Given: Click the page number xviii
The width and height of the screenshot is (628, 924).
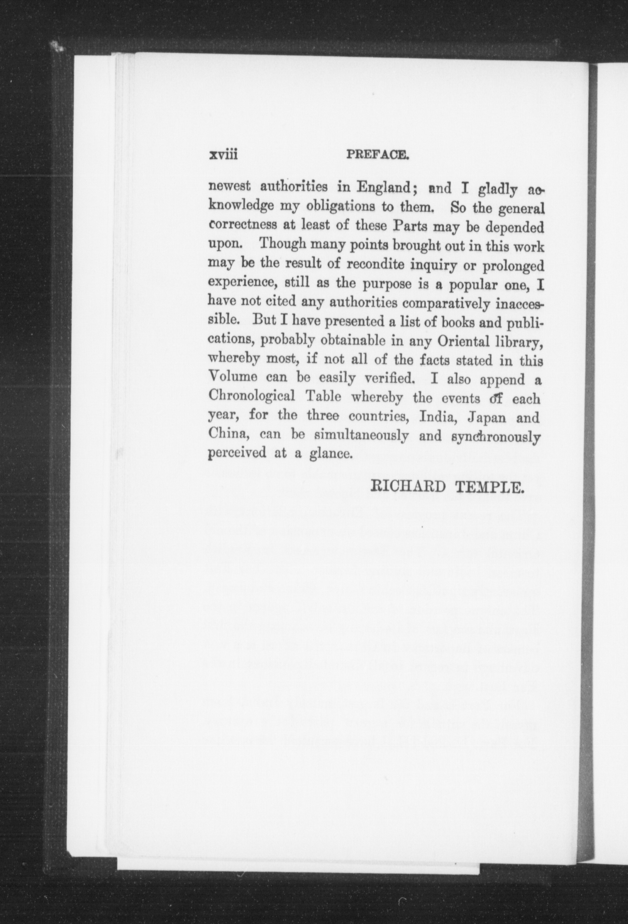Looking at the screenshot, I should [x=223, y=155].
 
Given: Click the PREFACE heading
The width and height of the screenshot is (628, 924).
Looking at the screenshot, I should [x=377, y=155].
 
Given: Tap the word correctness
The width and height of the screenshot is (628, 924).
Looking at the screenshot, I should [x=243, y=226].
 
